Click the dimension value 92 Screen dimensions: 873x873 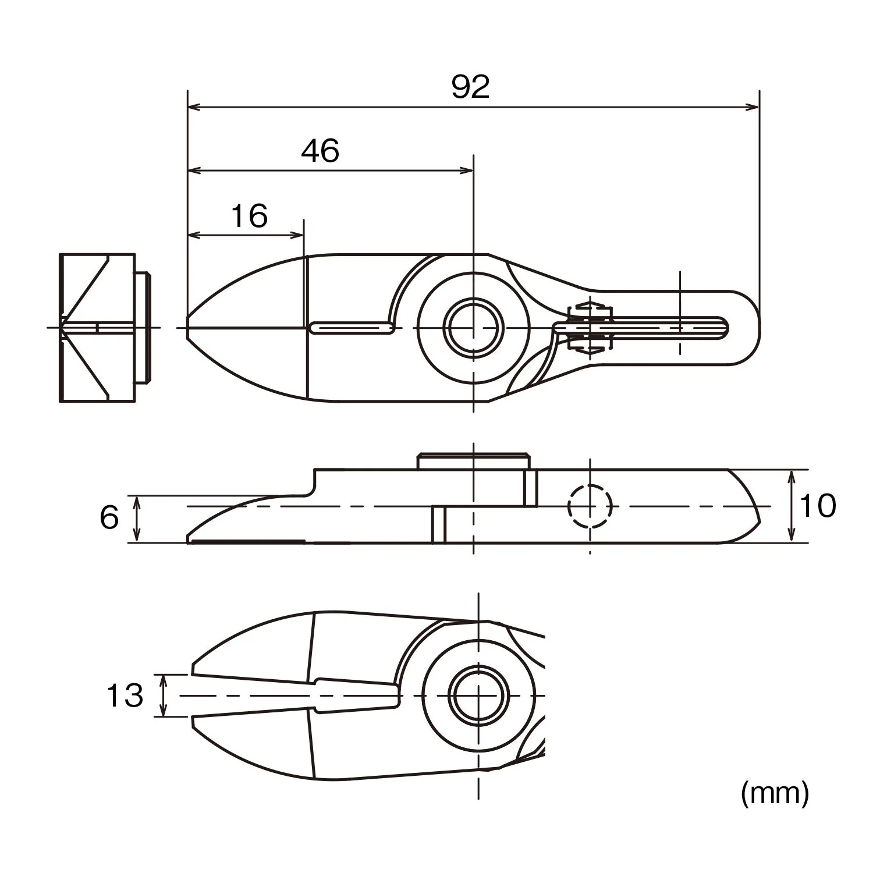[471, 87]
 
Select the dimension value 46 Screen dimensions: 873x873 [320, 151]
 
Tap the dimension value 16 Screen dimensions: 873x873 [249, 216]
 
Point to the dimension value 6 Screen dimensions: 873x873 [109, 517]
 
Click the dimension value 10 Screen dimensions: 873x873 [818, 505]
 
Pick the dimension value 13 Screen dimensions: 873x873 [125, 695]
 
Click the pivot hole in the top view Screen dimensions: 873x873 [473, 328]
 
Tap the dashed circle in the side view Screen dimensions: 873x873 [590, 506]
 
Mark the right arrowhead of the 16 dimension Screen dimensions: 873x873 [297, 235]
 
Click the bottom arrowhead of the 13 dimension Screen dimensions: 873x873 [164, 709]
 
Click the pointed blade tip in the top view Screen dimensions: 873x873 [187, 328]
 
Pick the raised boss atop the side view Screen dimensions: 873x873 [474, 461]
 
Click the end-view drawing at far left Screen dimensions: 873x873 [105, 328]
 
